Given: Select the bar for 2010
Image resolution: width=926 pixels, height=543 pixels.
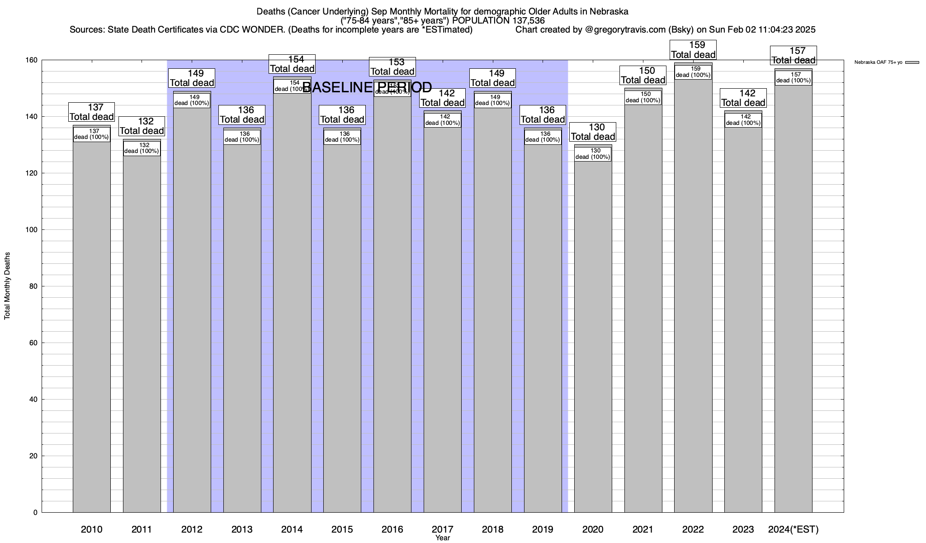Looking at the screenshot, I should tap(92, 326).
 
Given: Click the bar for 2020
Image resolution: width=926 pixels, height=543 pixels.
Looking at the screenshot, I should tap(593, 335).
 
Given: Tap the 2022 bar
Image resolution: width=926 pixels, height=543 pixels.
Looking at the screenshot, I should tap(693, 294).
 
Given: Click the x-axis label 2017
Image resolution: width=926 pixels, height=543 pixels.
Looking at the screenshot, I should tap(443, 529).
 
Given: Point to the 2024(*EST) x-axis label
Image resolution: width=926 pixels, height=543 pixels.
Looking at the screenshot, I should tap(794, 529).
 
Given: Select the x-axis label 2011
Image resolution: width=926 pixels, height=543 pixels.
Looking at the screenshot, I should tap(142, 529).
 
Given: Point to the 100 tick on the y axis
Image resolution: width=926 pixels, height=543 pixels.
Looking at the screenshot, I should tap(32, 230).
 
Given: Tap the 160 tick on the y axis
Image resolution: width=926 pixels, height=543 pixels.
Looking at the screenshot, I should tap(32, 60).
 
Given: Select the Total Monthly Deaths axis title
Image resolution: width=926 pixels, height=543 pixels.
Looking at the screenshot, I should tap(7, 286).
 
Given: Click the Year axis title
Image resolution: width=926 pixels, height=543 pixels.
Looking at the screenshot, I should tap(443, 538).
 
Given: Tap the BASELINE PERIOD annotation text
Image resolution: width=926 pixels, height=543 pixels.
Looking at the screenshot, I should tap(367, 87).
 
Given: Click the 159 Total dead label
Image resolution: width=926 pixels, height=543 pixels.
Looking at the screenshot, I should tap(693, 50).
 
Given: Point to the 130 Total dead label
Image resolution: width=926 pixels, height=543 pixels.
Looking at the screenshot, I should tap(593, 132).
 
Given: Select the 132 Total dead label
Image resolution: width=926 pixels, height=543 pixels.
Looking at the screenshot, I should tap(142, 126).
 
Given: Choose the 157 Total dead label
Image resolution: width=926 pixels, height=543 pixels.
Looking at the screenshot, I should tap(794, 56).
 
